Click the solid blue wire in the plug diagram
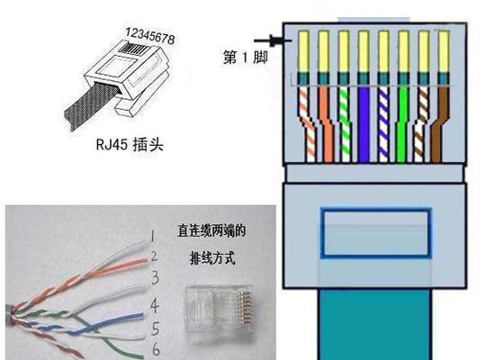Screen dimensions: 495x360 [x=364, y=124]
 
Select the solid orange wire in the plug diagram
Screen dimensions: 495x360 [x=325, y=124]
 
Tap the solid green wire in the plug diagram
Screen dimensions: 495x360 [x=402, y=124]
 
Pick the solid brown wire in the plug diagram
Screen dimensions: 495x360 [x=439, y=124]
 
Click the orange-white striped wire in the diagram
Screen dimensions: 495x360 [x=308, y=124]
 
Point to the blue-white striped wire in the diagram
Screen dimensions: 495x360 [x=382, y=124]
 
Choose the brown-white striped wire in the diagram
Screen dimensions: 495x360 [x=421, y=124]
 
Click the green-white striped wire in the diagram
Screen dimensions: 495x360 [x=345, y=124]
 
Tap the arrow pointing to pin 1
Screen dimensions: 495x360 [x=273, y=40]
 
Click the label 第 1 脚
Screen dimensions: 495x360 [x=246, y=58]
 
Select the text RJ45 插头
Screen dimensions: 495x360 [x=130, y=145]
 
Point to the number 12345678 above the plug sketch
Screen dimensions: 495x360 [x=150, y=36]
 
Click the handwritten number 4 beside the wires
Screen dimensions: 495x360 [x=155, y=305]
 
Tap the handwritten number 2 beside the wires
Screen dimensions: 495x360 [x=154, y=256]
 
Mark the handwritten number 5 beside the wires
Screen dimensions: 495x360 [x=155, y=328]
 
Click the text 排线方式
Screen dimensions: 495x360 [x=212, y=258]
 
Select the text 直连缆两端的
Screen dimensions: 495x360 [x=211, y=230]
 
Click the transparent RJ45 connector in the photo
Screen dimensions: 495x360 [x=220, y=309]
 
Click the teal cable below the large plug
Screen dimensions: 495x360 [x=375, y=324]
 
